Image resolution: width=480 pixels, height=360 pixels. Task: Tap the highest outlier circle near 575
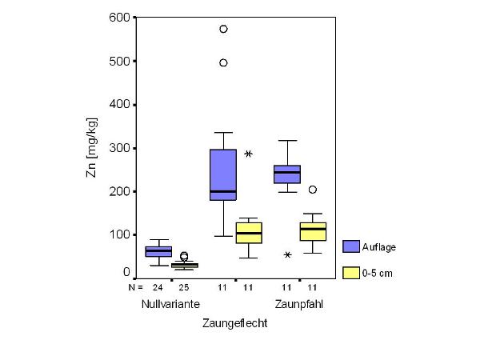pyautogui.click(x=223, y=29)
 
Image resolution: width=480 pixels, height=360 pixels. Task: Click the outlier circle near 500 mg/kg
pyautogui.click(x=223, y=62)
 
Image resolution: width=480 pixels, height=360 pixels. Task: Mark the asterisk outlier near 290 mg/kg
pyautogui.click(x=249, y=154)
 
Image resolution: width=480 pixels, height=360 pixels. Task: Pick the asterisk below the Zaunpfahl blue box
pyautogui.click(x=287, y=255)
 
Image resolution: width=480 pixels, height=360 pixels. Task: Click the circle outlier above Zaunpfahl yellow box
pyautogui.click(x=313, y=190)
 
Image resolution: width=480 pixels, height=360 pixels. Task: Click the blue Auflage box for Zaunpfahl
pyautogui.click(x=287, y=174)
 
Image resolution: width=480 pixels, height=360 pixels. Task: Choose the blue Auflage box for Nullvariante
pyautogui.click(x=158, y=251)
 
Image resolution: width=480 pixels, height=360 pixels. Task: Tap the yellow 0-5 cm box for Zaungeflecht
pyautogui.click(x=249, y=233)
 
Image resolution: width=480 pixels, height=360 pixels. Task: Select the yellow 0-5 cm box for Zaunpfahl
pyautogui.click(x=313, y=231)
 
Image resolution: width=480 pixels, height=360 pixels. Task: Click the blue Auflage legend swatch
pyautogui.click(x=350, y=247)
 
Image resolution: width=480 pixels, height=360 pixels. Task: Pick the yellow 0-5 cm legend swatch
pyautogui.click(x=350, y=273)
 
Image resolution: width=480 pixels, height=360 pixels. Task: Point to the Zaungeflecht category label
pyautogui.click(x=234, y=324)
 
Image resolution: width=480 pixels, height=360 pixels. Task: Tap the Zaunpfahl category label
pyautogui.click(x=300, y=305)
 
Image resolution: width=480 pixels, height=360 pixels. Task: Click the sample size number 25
pyautogui.click(x=184, y=286)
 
